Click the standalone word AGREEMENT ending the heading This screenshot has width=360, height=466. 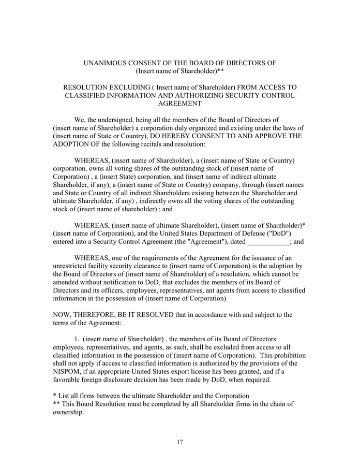[x=179, y=104]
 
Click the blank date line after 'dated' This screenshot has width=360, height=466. [x=269, y=241]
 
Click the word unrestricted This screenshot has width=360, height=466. [x=76, y=266]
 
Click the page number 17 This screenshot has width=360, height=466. [x=179, y=442]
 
